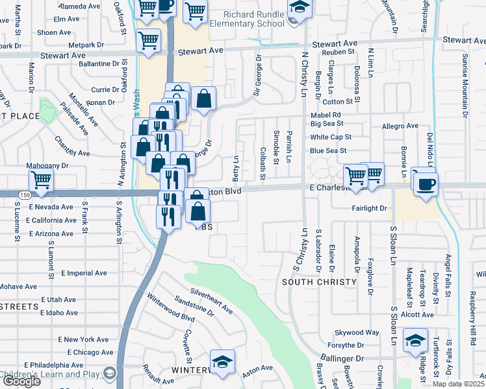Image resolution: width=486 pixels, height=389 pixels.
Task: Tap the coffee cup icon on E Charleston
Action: (x=426, y=184)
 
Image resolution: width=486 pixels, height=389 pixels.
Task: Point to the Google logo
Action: (x=21, y=381)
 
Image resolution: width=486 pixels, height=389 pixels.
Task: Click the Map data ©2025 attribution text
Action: (x=459, y=384)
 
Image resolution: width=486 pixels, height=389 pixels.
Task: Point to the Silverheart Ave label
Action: (x=211, y=301)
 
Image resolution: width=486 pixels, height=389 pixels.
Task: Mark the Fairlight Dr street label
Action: (x=368, y=209)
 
